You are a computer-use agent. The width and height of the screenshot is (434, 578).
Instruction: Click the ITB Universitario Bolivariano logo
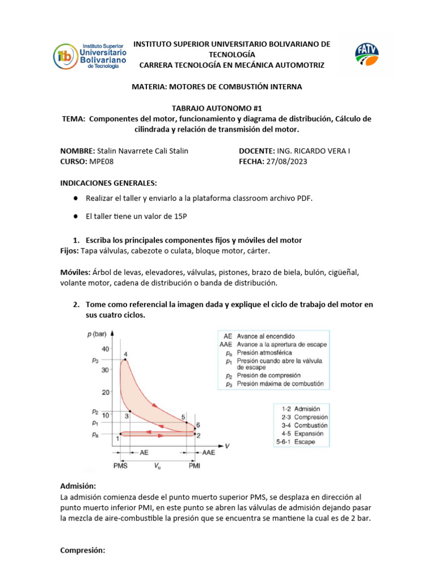pyautogui.click(x=90, y=56)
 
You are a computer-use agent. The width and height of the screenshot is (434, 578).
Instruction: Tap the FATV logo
pyautogui.click(x=367, y=56)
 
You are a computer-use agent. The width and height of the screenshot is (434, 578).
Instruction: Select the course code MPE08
pyautogui.click(x=101, y=161)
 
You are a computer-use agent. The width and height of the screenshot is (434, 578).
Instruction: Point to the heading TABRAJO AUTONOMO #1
pyautogui.click(x=217, y=108)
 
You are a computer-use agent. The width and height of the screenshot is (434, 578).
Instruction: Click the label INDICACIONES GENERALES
pyautogui.click(x=108, y=183)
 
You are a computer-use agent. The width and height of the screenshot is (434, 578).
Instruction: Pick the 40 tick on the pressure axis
pyautogui.click(x=105, y=349)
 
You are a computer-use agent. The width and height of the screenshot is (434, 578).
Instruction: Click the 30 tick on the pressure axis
pyautogui.click(x=105, y=370)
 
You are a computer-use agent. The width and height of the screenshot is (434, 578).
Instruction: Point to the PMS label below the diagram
pyautogui.click(x=120, y=466)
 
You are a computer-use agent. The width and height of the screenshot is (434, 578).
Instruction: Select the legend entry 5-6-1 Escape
pyautogui.click(x=297, y=442)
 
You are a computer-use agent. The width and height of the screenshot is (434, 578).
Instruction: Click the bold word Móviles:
pyautogui.click(x=75, y=272)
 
